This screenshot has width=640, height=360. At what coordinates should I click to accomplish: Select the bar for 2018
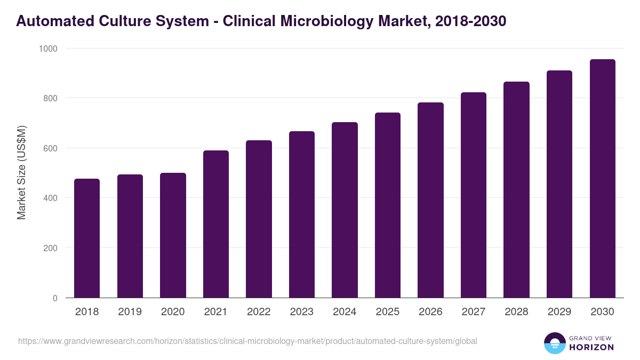[x=87, y=238]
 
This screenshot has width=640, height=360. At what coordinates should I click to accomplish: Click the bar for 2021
[x=216, y=224]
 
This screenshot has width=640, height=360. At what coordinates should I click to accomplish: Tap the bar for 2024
[x=345, y=210]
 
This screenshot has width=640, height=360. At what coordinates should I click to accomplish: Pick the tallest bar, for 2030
[x=602, y=179]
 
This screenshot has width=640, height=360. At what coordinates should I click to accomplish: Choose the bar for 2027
[x=474, y=195]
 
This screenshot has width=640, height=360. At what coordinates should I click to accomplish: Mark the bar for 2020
[x=173, y=235]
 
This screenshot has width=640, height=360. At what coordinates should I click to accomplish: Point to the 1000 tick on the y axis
[x=48, y=49]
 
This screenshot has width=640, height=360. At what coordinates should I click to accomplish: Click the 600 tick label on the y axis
[x=50, y=148]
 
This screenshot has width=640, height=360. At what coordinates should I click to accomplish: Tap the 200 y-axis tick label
[x=50, y=248]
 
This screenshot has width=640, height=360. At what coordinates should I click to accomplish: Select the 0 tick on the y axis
[x=55, y=298]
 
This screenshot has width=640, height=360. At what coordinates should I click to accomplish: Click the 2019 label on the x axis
[x=130, y=312]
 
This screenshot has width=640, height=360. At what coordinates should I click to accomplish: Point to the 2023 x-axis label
[x=301, y=312]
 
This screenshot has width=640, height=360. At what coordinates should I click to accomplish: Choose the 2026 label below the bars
[x=430, y=312]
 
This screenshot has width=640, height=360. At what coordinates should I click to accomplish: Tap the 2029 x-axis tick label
[x=559, y=312]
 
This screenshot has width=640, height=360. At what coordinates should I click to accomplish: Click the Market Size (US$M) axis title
[x=21, y=173]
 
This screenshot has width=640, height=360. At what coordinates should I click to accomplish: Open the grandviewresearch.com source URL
[x=247, y=341]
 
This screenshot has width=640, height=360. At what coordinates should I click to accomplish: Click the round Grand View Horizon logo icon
[x=554, y=343]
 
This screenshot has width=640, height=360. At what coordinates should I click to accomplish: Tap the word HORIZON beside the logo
[x=591, y=347]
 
